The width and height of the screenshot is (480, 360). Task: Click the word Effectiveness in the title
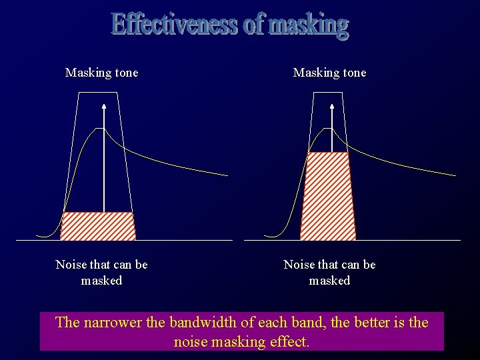[x=174, y=25]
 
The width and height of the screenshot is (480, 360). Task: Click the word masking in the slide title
[x=308, y=26]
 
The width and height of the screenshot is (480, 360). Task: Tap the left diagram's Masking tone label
[x=102, y=73]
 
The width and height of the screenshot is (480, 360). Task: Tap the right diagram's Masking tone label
[x=330, y=73]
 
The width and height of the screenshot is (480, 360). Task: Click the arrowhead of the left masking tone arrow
[x=104, y=107]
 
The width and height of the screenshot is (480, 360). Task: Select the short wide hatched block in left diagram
[x=98, y=226]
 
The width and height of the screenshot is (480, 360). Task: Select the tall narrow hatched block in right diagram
[x=328, y=196]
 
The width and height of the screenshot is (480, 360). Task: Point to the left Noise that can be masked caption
[x=102, y=272]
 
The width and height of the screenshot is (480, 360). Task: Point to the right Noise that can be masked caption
[x=330, y=272]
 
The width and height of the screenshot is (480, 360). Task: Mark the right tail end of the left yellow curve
[x=226, y=175]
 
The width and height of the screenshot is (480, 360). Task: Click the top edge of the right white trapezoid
[x=327, y=93]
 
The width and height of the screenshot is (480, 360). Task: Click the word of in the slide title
[x=253, y=25]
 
